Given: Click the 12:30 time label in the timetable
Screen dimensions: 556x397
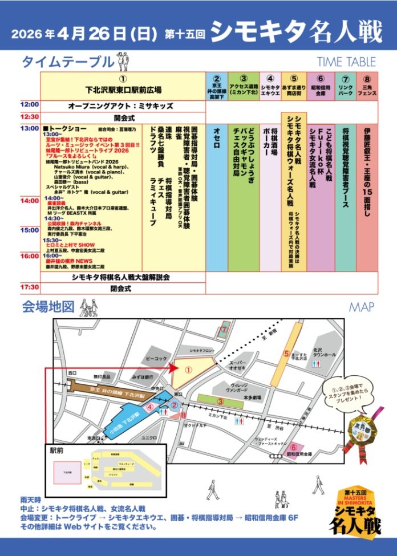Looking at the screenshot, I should coord(30,116).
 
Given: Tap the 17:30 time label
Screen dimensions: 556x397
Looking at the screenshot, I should coord(30,287).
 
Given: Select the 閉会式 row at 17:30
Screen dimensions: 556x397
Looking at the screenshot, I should coord(122,289).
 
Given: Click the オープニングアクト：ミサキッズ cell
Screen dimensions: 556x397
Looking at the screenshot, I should coord(122,106).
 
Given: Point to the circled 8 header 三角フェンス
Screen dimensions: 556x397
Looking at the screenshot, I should coord(367,86).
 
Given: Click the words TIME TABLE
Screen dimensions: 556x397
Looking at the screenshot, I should coord(346,62).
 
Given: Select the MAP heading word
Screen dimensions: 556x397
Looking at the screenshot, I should coord(362,307).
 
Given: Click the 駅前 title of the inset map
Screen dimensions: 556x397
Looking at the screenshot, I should coord(56,449).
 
